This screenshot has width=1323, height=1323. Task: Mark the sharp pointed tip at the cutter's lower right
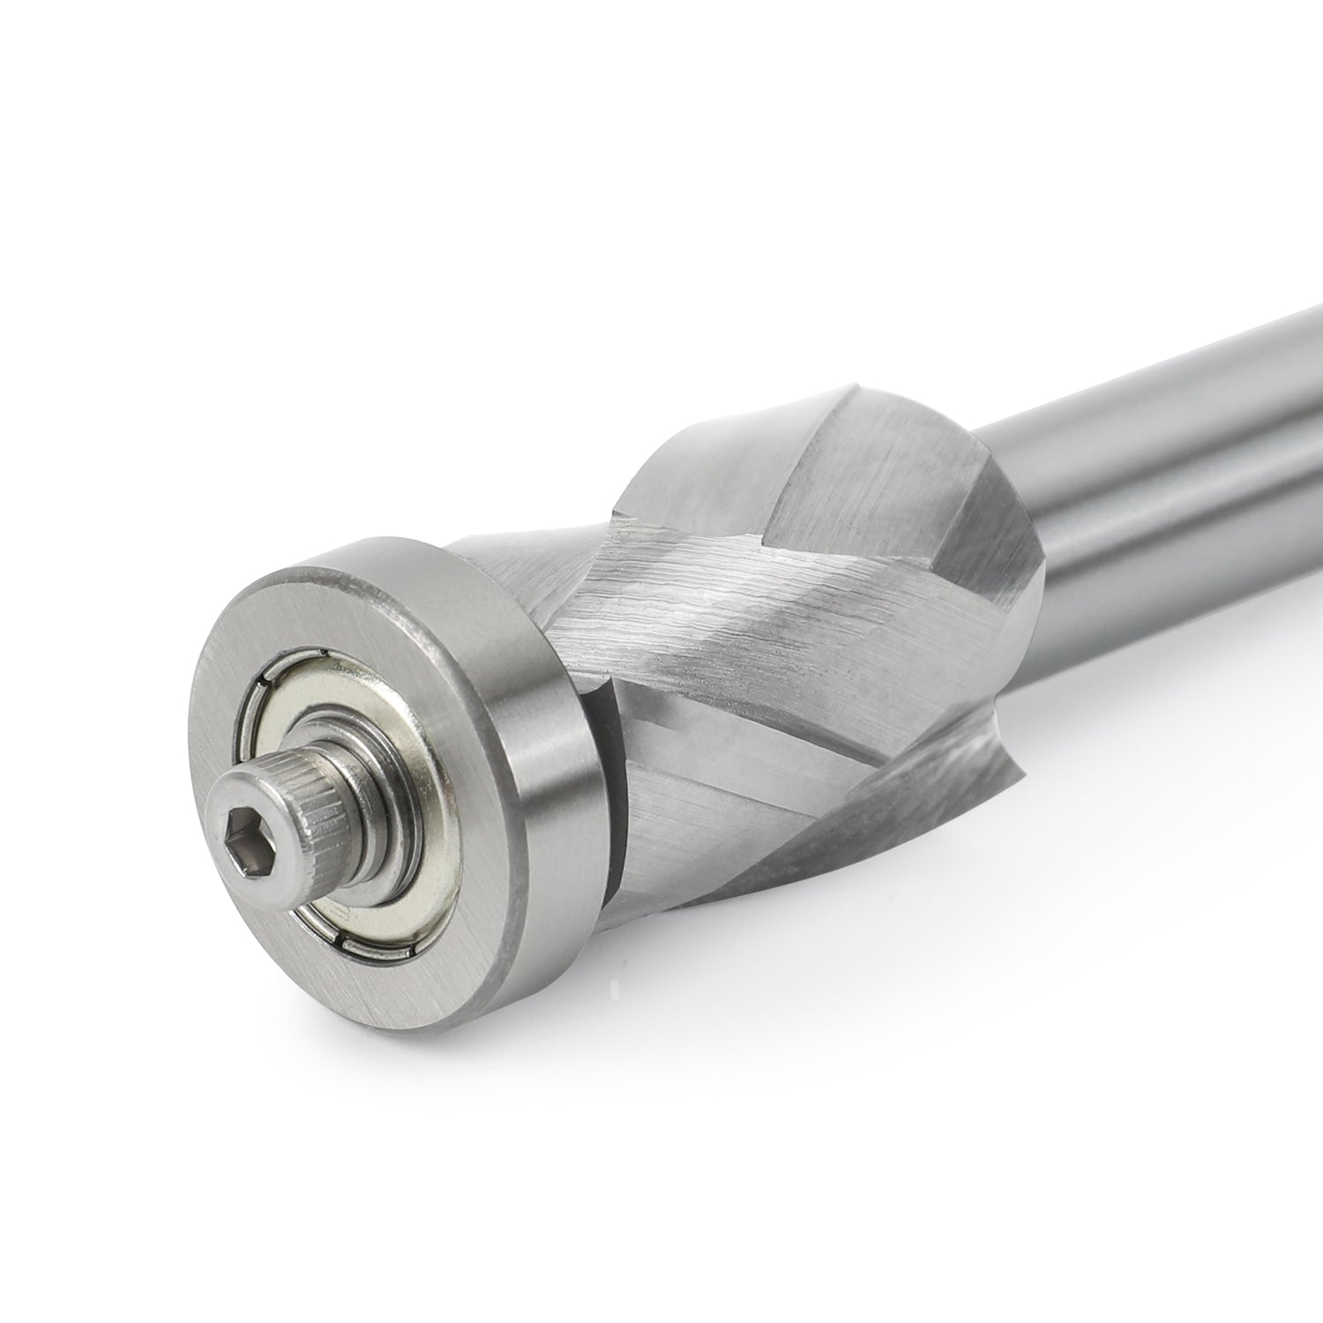tap(1023, 776)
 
